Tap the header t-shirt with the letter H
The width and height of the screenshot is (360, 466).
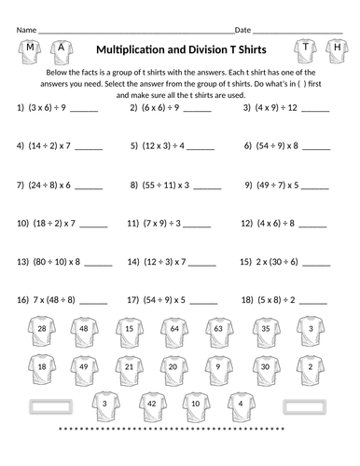click(x=336, y=48)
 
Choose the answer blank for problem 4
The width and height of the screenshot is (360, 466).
click(x=89, y=147)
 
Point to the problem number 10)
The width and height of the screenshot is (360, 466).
click(x=24, y=225)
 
